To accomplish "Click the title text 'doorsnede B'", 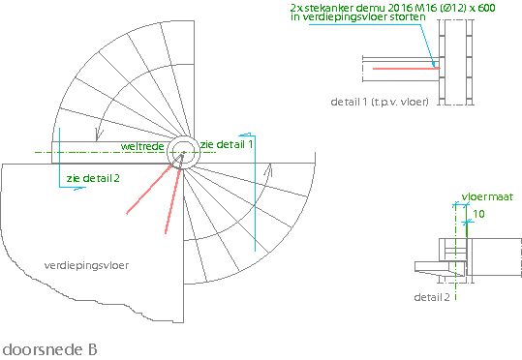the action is point(49,349).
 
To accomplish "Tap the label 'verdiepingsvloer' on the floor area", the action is point(86,265).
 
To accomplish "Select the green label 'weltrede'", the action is point(142,146).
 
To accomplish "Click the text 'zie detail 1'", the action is point(227,144).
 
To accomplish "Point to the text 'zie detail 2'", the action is point(93,178).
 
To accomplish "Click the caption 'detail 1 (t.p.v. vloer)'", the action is point(380,102).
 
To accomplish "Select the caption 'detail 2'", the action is point(432,297).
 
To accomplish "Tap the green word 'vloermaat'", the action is point(487,197).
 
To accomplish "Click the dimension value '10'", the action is point(478,214).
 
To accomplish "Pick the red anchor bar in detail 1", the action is point(406,69).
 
